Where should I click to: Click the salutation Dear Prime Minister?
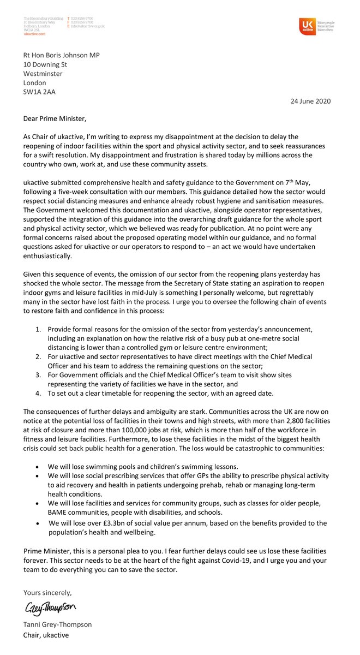pyautogui.click(x=55, y=118)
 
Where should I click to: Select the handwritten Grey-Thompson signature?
pyautogui.click(x=50, y=607)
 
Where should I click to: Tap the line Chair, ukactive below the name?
pyautogui.click(x=46, y=635)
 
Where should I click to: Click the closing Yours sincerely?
pyautogui.click(x=47, y=592)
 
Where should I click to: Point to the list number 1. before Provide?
pyautogui.click(x=38, y=329)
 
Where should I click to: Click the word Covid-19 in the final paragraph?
pyautogui.click(x=231, y=561)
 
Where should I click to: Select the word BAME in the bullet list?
pyautogui.click(x=58, y=512)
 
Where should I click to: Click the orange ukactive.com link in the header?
pyautogui.click(x=35, y=34)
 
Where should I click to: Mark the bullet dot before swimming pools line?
pyautogui.click(x=37, y=467)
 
